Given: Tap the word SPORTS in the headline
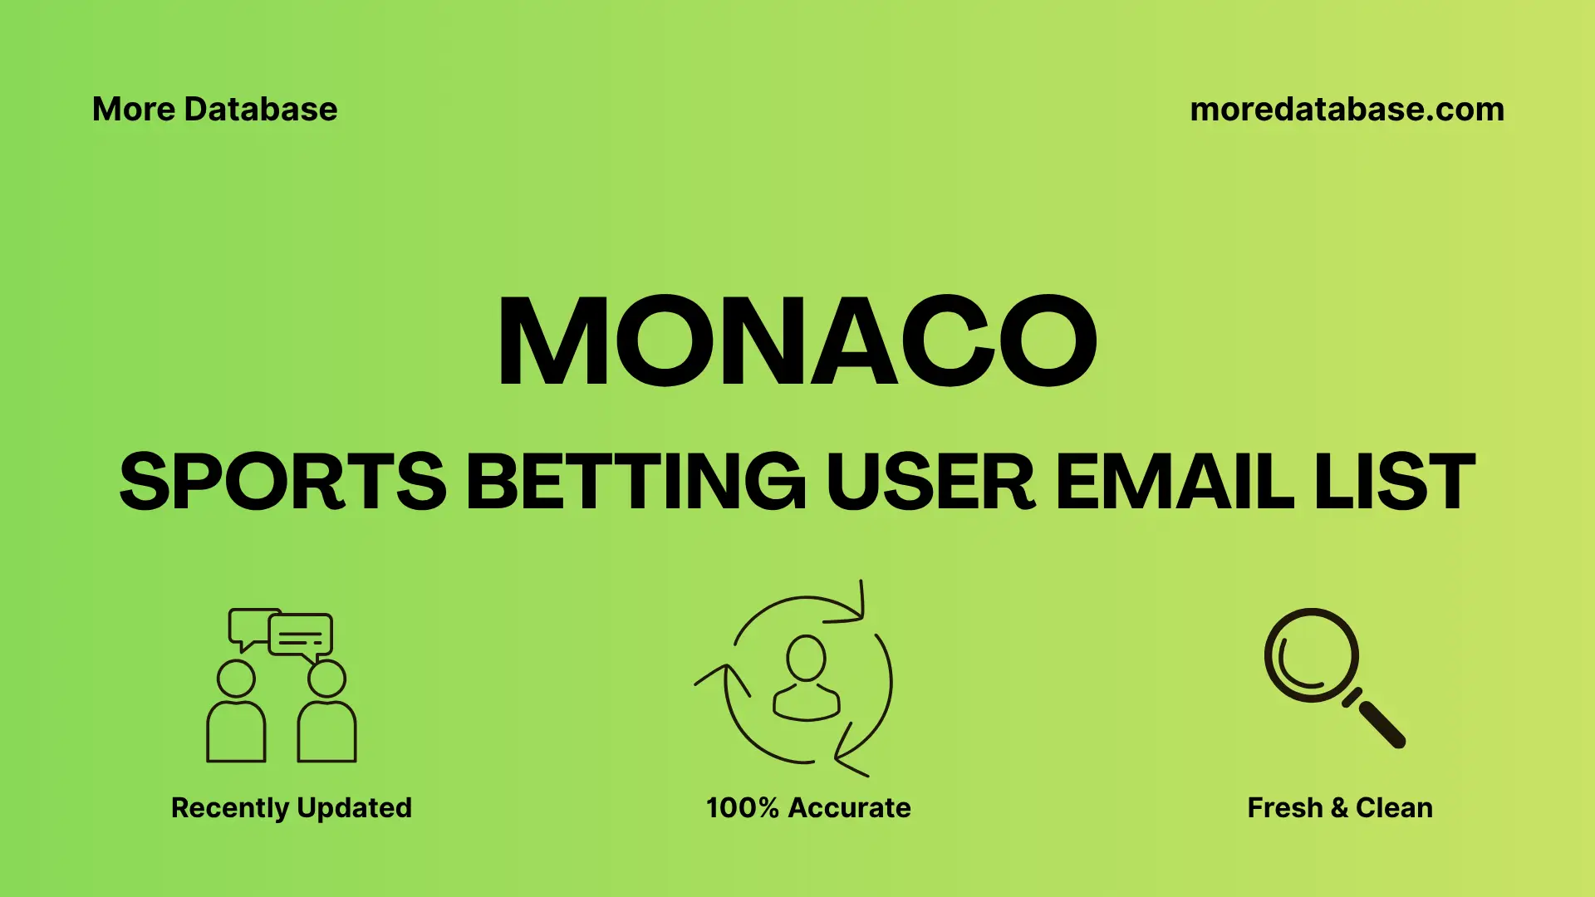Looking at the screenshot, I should pos(282,482).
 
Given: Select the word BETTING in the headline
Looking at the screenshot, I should pos(636,482).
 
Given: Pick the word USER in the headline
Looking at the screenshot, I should pos(930,482).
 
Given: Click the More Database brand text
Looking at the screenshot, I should pos(214,110).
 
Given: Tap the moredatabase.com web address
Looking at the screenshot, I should pos(1347,110).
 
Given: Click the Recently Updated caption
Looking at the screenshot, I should pos(291,807).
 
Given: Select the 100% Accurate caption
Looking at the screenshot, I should pos(808,807).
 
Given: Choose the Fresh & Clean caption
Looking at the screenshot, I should pos(1339,807).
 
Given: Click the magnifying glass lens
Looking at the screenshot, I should pos(1311,655).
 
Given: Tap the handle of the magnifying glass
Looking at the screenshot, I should pos(1380,723).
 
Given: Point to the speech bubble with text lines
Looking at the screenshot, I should pos(301,636).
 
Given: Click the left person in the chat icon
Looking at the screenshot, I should pos(236,714).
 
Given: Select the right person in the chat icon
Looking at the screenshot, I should pos(326,714).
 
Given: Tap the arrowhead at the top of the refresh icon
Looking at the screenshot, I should pos(856,606).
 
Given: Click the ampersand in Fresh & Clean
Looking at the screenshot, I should pos(1338,807).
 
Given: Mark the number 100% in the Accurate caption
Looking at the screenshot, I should pos(742,807).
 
